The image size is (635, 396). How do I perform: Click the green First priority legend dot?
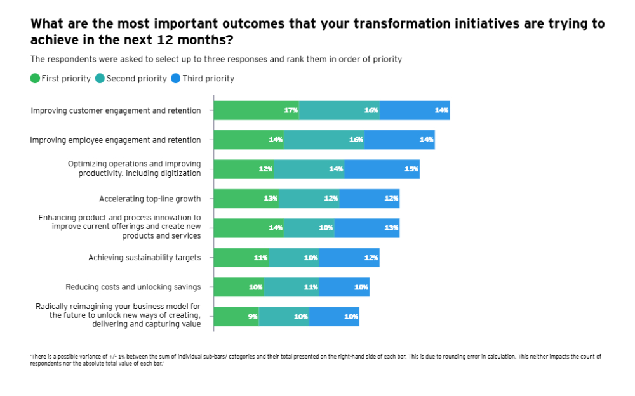[x=36, y=79]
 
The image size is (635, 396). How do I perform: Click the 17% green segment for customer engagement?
[x=256, y=110]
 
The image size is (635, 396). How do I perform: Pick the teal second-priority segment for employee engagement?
[x=324, y=140]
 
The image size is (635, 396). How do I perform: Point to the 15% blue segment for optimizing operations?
[x=382, y=169]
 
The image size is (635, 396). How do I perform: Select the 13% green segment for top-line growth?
[x=246, y=199]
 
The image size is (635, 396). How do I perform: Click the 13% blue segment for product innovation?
[x=367, y=228]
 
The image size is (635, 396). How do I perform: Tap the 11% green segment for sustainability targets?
[x=241, y=258]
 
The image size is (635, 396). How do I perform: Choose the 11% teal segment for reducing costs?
[x=291, y=287]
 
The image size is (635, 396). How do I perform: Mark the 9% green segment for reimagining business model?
[x=236, y=316]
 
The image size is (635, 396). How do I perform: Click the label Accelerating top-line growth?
[x=150, y=199]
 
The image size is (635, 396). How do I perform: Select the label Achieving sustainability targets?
[x=144, y=258]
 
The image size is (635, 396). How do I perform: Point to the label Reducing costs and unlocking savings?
[x=133, y=287]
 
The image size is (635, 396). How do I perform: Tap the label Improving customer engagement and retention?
[x=116, y=110]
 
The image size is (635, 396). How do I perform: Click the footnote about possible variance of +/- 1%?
[x=316, y=359]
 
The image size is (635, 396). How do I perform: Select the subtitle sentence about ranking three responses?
[x=216, y=59]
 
